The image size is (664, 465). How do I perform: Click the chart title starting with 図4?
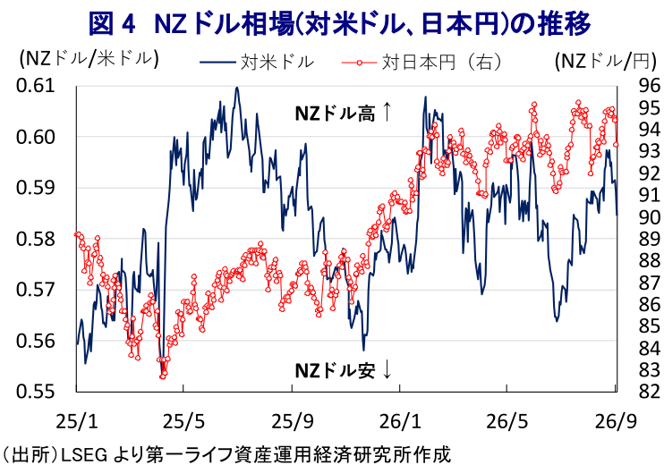[339, 23]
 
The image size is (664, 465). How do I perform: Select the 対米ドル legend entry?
[257, 62]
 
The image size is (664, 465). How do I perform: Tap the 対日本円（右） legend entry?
[421, 62]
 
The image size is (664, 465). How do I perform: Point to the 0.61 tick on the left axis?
[36, 86]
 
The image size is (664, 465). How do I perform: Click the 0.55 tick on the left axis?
[36, 392]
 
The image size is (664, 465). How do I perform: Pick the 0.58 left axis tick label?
[36, 239]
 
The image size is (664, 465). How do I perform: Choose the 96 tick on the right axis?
[649, 86]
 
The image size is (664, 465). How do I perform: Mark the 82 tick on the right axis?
[649, 392]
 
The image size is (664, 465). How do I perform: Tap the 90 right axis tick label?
[649, 216]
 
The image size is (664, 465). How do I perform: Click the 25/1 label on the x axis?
[77, 422]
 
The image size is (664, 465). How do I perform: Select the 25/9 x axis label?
[293, 422]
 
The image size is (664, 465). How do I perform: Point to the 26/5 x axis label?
[507, 422]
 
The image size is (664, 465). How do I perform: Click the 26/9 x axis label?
[616, 422]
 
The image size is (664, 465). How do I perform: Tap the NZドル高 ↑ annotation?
[343, 114]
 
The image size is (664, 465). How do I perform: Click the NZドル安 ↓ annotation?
[343, 370]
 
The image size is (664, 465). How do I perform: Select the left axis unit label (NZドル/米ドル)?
[89, 59]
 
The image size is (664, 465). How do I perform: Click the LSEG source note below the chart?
[226, 455]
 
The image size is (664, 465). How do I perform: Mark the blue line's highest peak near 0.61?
[237, 88]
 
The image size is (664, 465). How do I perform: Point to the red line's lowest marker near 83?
[163, 376]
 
